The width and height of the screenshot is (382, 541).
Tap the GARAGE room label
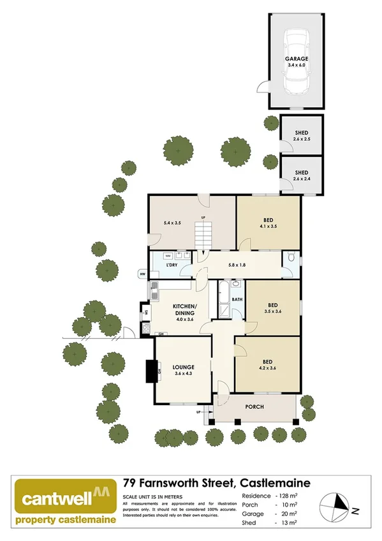point(297,62)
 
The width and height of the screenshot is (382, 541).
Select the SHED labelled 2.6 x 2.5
point(302,135)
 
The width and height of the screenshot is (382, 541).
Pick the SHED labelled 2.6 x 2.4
point(302,175)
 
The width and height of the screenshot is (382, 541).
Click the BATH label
point(237,299)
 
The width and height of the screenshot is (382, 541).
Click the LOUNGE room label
point(182,370)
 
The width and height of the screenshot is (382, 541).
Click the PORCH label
point(254,406)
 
